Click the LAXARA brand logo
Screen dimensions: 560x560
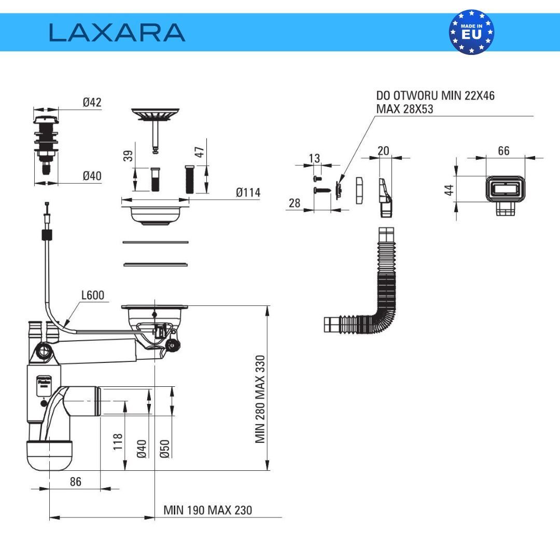click(117, 32)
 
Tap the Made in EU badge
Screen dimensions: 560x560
click(471, 32)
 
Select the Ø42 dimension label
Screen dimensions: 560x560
click(92, 102)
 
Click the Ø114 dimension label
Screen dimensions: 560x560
click(248, 192)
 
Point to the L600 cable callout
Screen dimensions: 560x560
click(93, 295)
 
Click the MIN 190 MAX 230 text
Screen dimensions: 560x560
click(207, 510)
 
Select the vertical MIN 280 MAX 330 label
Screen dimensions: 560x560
click(260, 399)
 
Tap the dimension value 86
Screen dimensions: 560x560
click(76, 482)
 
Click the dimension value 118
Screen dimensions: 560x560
click(119, 442)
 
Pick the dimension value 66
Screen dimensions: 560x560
click(503, 151)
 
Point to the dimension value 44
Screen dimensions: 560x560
click(449, 189)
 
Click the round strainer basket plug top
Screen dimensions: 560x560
click(155, 114)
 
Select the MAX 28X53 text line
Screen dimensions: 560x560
click(404, 109)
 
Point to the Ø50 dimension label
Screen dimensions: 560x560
click(165, 449)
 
